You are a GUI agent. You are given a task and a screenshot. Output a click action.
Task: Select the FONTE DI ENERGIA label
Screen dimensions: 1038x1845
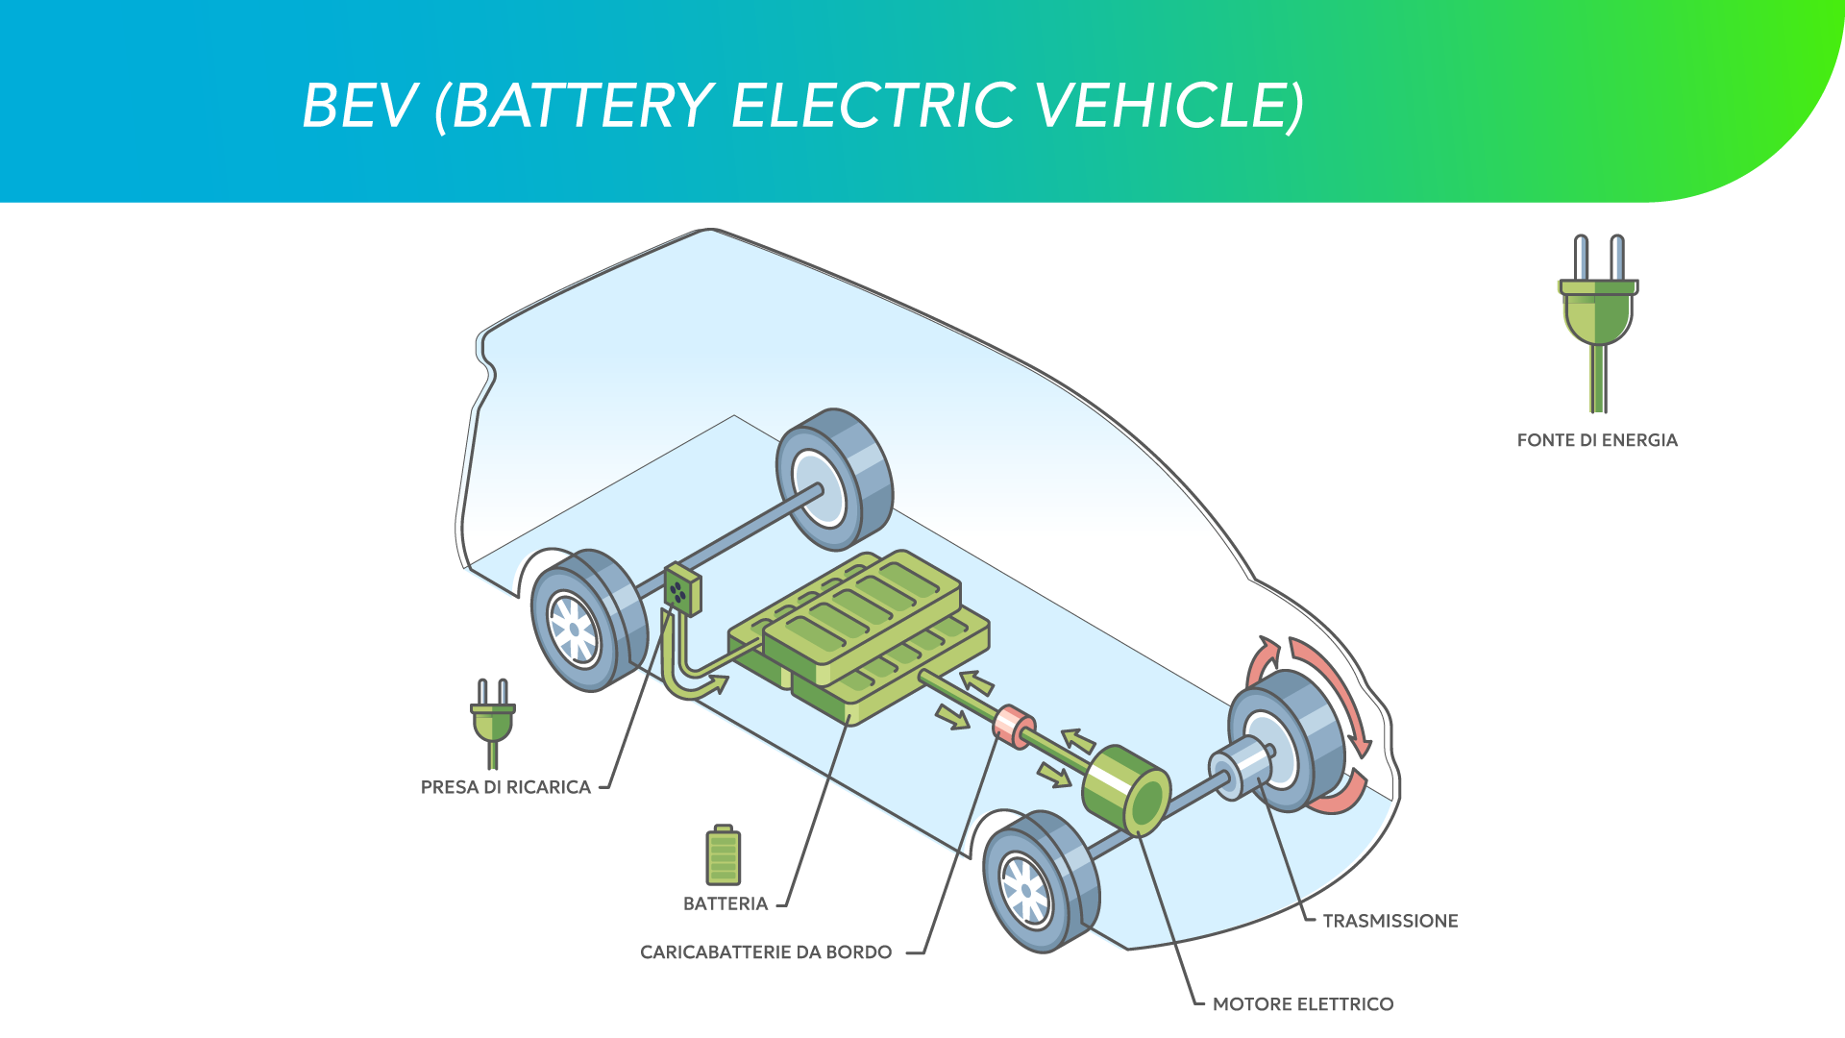1597,440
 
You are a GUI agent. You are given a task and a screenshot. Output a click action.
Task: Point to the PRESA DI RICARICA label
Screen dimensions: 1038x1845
505,787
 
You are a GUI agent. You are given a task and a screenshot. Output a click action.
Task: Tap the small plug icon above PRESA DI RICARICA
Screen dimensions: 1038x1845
493,721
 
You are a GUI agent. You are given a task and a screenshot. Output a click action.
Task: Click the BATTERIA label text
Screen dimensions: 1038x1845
726,903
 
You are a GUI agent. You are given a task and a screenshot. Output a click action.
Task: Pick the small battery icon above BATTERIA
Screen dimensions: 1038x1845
724,854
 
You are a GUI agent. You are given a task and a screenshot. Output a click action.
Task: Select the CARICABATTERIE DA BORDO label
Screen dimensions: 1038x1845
766,952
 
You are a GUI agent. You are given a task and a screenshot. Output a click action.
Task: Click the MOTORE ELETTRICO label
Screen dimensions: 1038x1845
1303,1004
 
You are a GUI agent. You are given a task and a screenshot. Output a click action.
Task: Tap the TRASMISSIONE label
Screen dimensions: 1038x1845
1390,921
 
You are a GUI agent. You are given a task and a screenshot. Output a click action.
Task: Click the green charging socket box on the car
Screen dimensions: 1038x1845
681,590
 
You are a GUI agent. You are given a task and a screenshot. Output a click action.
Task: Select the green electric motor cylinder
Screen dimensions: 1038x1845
1126,789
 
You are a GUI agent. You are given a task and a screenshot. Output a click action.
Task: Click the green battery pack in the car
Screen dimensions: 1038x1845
860,634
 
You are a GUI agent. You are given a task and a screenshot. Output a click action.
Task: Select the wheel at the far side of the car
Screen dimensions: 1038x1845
834,479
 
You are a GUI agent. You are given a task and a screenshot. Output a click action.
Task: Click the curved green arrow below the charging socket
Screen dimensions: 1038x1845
692,682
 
